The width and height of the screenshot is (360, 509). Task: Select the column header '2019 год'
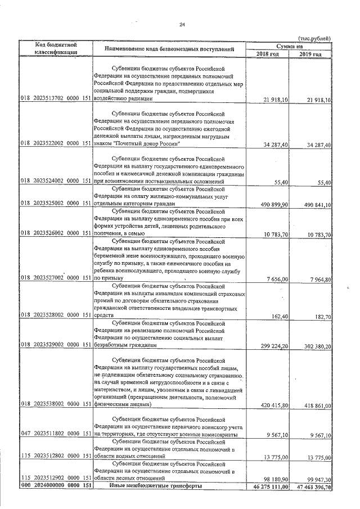coord(310,54)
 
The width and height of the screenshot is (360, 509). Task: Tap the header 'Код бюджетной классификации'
coord(56,48)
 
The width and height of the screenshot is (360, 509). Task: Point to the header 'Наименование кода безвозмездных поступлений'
coord(169,49)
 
